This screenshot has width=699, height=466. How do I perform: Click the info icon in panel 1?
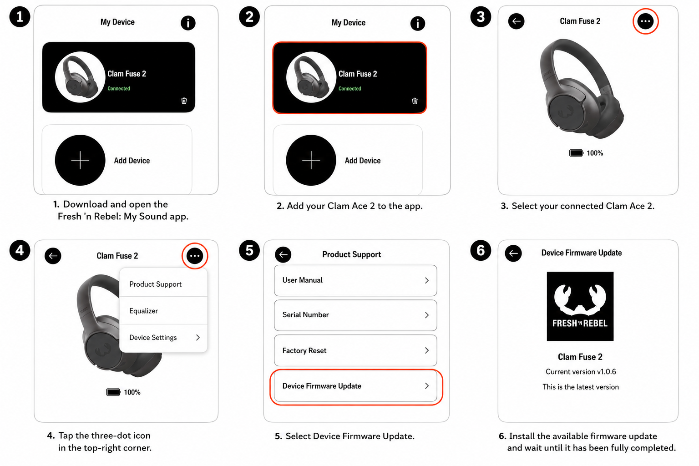[x=188, y=23]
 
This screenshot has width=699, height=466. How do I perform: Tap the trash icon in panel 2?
[x=415, y=101]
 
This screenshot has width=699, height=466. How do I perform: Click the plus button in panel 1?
[x=80, y=160]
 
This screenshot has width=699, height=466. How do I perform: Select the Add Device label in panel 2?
[x=363, y=161]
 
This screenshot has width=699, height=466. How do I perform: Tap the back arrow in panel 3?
[x=517, y=21]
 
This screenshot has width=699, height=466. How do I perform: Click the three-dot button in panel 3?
[x=645, y=21]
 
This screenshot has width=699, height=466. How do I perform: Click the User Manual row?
[x=355, y=280]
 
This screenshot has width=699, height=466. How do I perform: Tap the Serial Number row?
[x=355, y=315]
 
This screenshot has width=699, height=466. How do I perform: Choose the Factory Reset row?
[x=355, y=350]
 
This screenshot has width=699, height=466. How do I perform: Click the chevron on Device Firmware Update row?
[x=426, y=386]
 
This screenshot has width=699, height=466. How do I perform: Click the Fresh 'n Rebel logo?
[x=580, y=306]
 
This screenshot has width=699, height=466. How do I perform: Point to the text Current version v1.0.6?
[x=581, y=371]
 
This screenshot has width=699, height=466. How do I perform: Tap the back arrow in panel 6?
[x=513, y=253]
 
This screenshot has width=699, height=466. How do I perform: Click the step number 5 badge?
[x=249, y=250]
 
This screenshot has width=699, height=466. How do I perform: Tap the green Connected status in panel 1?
[x=119, y=88]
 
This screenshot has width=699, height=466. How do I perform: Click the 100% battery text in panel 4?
[x=132, y=392]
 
